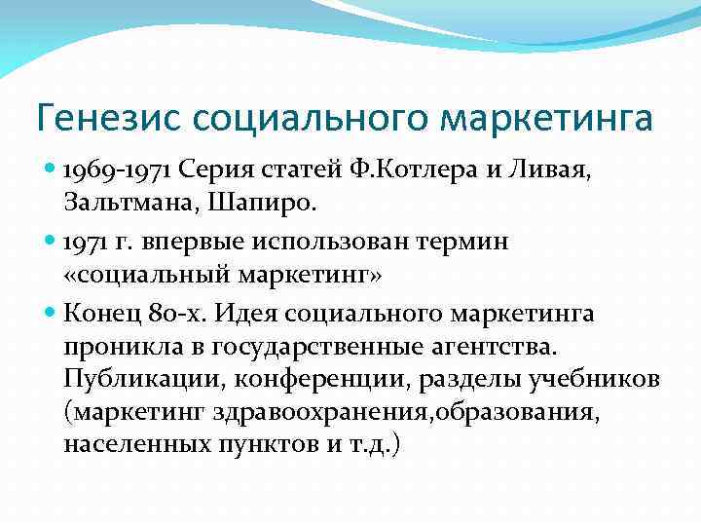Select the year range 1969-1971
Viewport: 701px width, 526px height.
(116, 171)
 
